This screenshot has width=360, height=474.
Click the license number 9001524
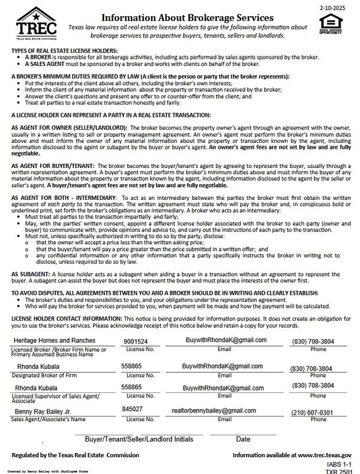pos(136,341)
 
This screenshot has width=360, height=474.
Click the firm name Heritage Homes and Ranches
pos(50,340)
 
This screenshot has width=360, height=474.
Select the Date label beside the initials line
pos(242,439)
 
